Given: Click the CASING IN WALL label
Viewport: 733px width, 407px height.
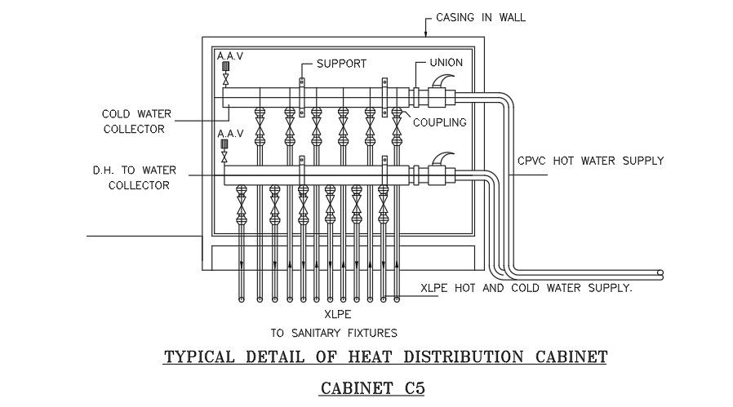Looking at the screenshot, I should coord(480,16).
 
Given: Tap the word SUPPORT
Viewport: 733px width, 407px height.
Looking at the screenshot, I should coord(341,64).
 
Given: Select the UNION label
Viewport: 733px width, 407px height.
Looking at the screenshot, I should coord(446,63).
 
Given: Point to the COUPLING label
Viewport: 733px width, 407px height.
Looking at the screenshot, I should coord(439,123).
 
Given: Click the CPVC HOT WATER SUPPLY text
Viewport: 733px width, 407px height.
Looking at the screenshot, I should coord(590,161).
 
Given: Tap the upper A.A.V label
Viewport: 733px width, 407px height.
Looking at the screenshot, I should coord(229,55).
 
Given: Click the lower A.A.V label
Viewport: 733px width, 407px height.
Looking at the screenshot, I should coord(229,132).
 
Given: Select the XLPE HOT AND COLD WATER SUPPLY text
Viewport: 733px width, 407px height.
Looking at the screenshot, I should coord(526,288).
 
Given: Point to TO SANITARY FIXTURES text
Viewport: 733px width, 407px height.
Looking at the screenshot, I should coord(334,332).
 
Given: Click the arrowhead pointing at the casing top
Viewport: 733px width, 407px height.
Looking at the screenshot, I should coord(425,33).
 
